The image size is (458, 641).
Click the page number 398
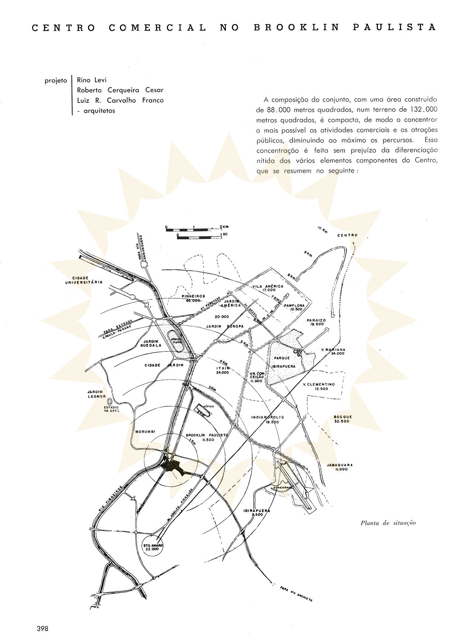[x=42, y=628]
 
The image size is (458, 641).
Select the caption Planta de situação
[x=388, y=523]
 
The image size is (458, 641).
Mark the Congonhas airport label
[x=283, y=488]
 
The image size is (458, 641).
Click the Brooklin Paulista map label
[x=206, y=437]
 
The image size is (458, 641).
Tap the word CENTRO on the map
[x=348, y=235]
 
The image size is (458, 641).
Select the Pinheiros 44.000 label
[x=193, y=298]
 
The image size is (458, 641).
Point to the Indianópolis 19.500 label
[x=268, y=419]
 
